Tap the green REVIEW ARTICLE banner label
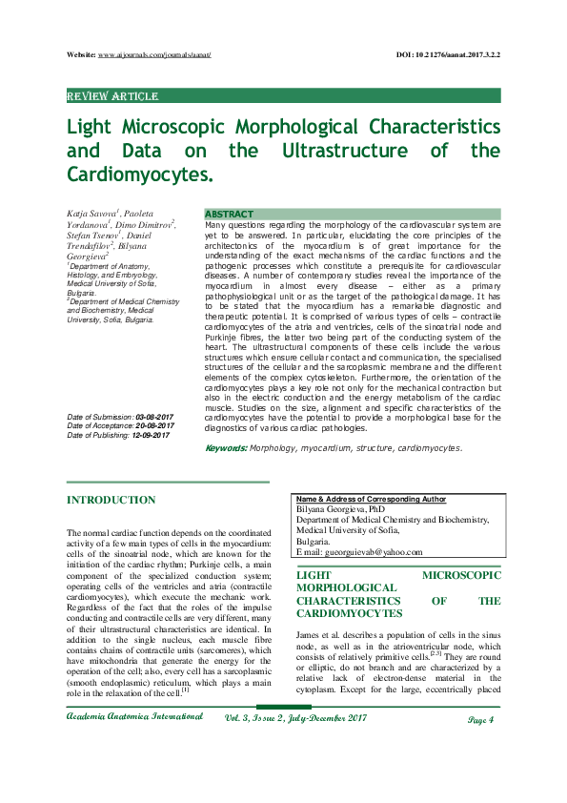pos(112,96)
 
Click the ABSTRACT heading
pos(230,214)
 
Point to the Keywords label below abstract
pos(227,447)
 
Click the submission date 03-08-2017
pos(154,418)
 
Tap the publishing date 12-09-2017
pos(152,435)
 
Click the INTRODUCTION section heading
pos(111,500)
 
